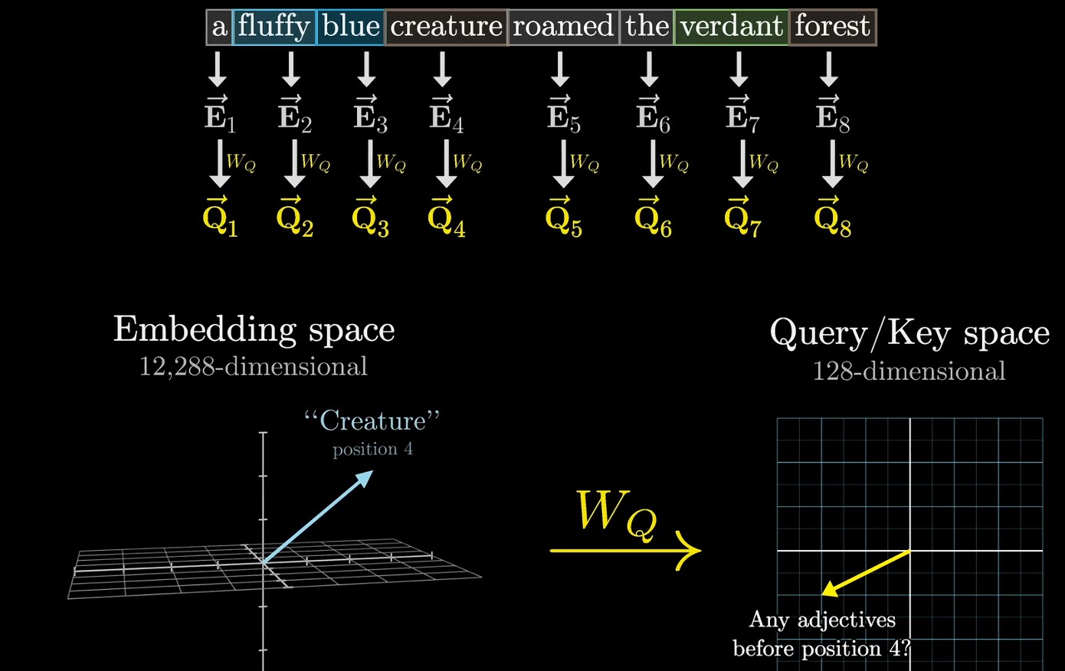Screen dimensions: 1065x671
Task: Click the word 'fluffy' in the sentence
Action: pyautogui.click(x=274, y=27)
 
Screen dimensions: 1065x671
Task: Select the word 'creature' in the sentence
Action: pyautogui.click(x=446, y=27)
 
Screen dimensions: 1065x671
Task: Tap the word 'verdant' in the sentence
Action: pyautogui.click(x=731, y=27)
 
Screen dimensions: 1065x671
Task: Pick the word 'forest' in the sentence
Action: pyautogui.click(x=832, y=27)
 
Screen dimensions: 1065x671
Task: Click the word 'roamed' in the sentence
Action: pyautogui.click(x=563, y=27)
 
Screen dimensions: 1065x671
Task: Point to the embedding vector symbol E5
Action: pyautogui.click(x=563, y=116)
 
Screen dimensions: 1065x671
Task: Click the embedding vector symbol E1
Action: pyautogui.click(x=220, y=116)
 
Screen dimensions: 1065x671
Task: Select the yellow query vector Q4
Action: pyautogui.click(x=447, y=219)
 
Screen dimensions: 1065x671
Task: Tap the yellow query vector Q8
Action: pyautogui.click(x=833, y=219)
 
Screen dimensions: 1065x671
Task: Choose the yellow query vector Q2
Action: pyautogui.click(x=295, y=219)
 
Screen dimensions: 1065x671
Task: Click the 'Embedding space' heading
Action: pyautogui.click(x=254, y=329)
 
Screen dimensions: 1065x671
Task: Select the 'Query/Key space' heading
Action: pyautogui.click(x=909, y=333)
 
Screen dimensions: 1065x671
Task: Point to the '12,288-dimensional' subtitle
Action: pyautogui.click(x=254, y=367)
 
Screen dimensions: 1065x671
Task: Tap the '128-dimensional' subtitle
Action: pyautogui.click(x=909, y=372)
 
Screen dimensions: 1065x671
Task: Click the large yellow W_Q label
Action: pyautogui.click(x=616, y=512)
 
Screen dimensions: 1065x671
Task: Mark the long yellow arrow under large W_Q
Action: pyautogui.click(x=624, y=550)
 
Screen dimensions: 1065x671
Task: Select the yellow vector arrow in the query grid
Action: pyautogui.click(x=866, y=572)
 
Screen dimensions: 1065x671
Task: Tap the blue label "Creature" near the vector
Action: pyautogui.click(x=372, y=421)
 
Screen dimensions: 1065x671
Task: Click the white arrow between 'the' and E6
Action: pyautogui.click(x=649, y=69)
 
